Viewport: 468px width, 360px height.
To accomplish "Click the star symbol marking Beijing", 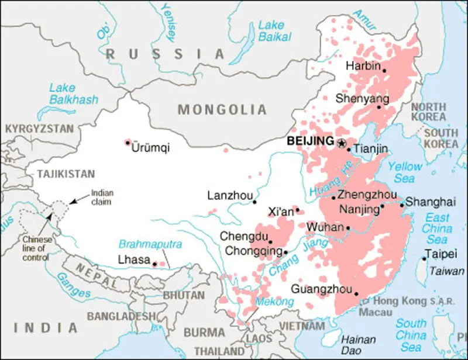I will coord(342,142).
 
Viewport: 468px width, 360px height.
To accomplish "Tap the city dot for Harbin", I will coord(384,70).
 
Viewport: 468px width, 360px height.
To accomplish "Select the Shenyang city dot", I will coord(378,107).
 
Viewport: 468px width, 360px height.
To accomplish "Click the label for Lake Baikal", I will coord(271,31).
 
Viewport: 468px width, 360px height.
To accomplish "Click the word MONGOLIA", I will coord(222,109).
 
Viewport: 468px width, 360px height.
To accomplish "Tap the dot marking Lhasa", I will coord(154,264).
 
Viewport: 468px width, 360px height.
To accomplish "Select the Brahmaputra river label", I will coord(150,244).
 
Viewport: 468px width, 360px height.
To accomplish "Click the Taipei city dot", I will coord(424,259).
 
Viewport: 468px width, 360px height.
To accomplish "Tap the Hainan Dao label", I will coord(358,344).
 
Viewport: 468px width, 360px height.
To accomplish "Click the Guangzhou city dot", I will coord(356,295).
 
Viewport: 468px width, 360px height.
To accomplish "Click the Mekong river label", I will coord(274,302).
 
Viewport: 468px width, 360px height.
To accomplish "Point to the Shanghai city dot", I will coord(402,205).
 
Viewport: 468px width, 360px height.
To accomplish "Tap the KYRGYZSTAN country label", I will coord(39,129).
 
